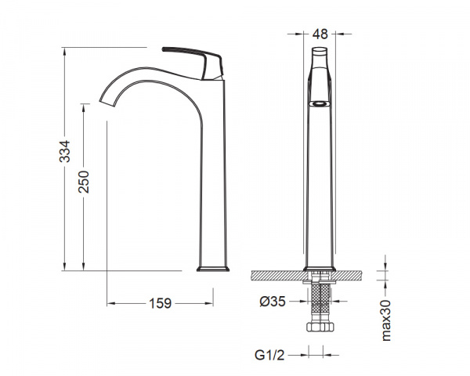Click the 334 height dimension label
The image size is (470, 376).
(x=65, y=151)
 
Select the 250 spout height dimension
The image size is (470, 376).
(x=84, y=182)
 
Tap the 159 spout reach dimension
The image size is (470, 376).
(x=160, y=303)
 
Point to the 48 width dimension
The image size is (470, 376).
(x=320, y=34)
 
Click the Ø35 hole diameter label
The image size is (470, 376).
(x=273, y=302)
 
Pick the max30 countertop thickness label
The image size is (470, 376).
(x=386, y=320)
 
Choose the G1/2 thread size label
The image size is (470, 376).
(x=269, y=356)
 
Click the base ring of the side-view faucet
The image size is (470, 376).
(x=213, y=269)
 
